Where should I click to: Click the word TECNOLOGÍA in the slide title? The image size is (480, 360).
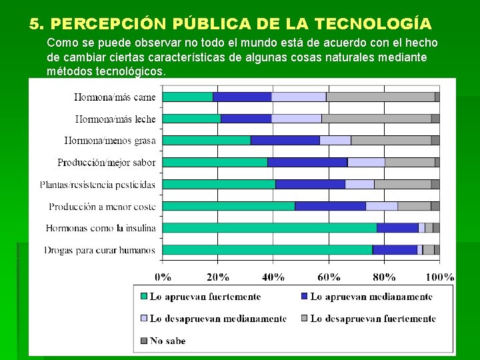click(373, 24)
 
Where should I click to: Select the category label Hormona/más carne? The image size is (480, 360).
click(115, 97)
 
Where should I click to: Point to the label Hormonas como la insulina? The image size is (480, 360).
click(101, 228)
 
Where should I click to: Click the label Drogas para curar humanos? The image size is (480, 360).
click(100, 250)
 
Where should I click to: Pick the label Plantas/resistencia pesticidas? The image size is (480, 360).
click(97, 185)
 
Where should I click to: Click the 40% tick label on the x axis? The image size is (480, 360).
click(273, 277)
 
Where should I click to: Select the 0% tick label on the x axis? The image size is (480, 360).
click(163, 277)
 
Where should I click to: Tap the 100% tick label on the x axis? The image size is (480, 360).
click(440, 277)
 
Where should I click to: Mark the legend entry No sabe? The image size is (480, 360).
click(167, 341)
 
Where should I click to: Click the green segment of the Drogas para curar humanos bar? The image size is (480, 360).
click(267, 250)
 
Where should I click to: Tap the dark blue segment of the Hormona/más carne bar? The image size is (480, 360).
click(242, 97)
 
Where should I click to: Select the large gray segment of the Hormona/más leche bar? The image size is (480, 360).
click(376, 119)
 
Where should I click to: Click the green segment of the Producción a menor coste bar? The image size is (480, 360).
click(228, 206)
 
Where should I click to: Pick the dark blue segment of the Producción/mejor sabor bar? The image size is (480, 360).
click(307, 162)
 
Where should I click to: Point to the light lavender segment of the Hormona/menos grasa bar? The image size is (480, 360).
click(335, 141)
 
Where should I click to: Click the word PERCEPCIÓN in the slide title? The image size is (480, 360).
click(108, 24)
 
